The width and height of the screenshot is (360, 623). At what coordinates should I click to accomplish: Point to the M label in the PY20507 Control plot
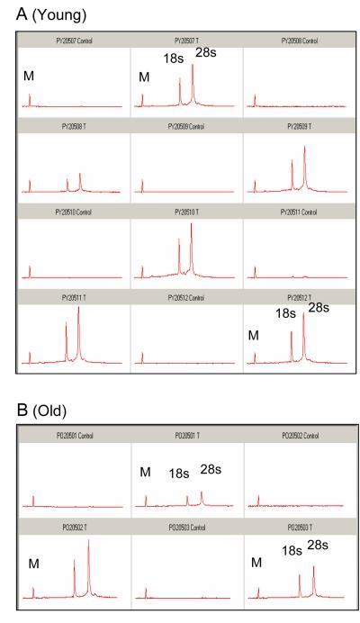[x=29, y=77]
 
